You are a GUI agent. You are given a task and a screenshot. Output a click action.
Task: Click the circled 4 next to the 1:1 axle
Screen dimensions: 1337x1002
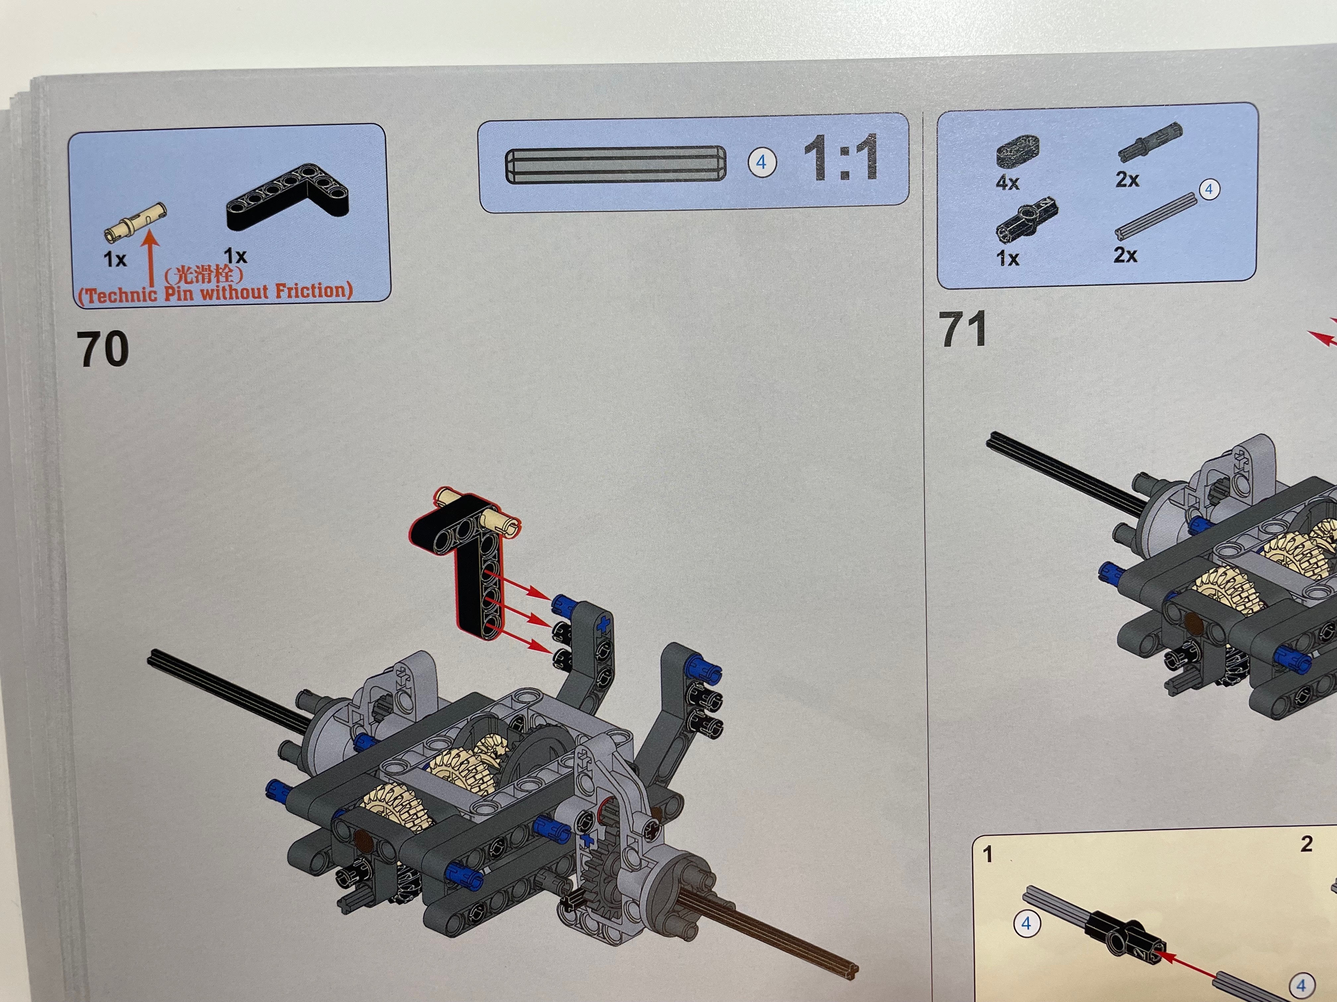(762, 162)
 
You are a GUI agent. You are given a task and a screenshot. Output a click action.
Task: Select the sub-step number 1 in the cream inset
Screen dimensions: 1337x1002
(987, 854)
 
